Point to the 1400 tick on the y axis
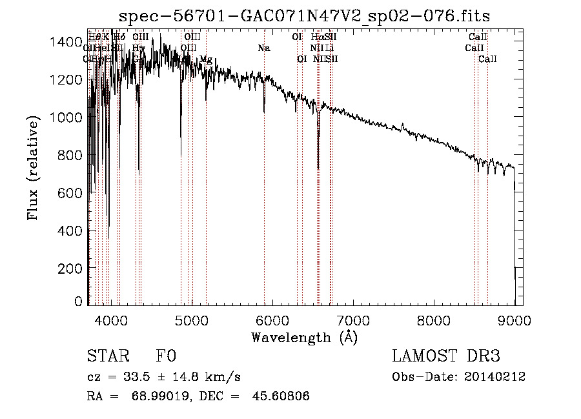pyautogui.click(x=65, y=42)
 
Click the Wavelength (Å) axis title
pyautogui.click(x=304, y=337)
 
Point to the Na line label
pyautogui.click(x=263, y=48)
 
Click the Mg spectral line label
pyautogui.click(x=206, y=59)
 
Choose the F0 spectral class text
pyautogui.click(x=165, y=356)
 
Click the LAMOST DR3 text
pyautogui.click(x=446, y=356)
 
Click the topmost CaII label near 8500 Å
pyautogui.click(x=478, y=37)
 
